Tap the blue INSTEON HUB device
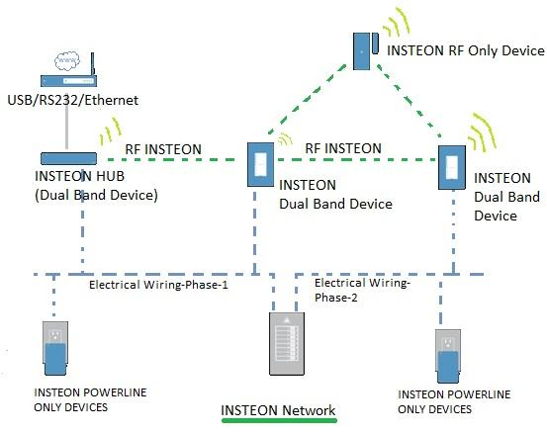[x=68, y=157]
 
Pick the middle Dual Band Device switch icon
[x=260, y=163]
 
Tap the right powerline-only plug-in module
[x=450, y=357]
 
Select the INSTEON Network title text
[x=278, y=410]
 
